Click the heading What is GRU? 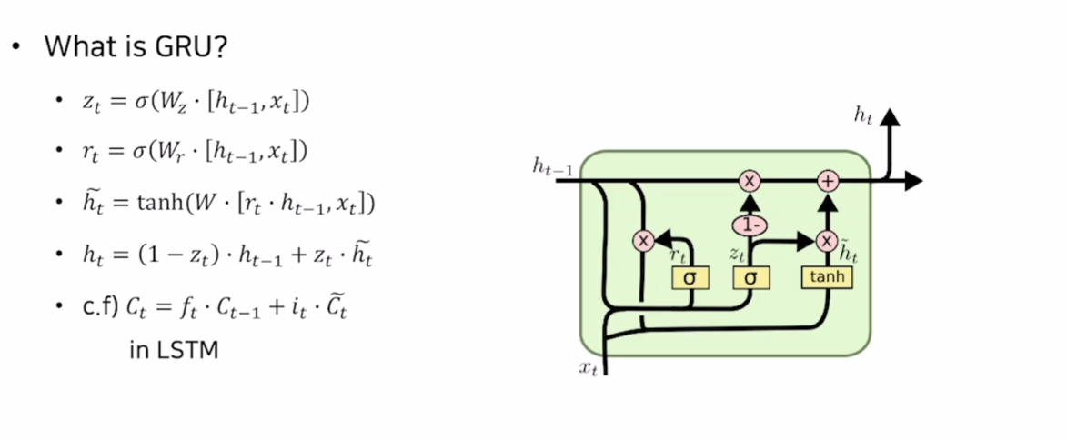(x=135, y=46)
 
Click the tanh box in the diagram (x=827, y=276)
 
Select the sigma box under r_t (x=690, y=277)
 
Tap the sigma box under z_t (x=751, y=277)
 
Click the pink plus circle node (x=828, y=181)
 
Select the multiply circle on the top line (x=750, y=181)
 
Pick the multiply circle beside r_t (x=644, y=241)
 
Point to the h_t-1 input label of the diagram (x=553, y=167)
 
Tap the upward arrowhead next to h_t (x=889, y=117)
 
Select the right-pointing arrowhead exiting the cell (x=912, y=181)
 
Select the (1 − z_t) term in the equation (x=167, y=257)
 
